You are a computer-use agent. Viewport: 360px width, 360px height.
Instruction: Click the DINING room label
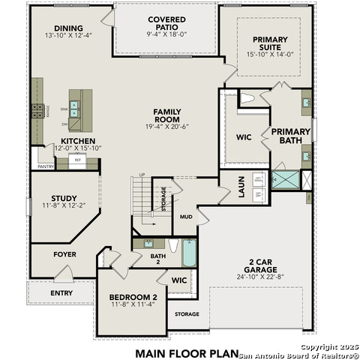(68, 29)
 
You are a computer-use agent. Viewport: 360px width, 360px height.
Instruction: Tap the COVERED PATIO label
(166, 19)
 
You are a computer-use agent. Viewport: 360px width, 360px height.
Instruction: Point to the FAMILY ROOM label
(167, 116)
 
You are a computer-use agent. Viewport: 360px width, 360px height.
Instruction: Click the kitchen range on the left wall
(37, 112)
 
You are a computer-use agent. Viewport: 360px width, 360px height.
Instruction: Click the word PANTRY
(45, 167)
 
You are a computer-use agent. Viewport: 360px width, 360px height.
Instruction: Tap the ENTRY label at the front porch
(61, 292)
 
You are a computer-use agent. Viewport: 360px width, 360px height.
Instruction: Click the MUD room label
(186, 216)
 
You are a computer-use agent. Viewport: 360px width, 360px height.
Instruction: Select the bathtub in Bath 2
(189, 253)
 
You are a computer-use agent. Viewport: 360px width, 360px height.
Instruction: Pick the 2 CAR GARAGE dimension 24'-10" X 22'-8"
(256, 277)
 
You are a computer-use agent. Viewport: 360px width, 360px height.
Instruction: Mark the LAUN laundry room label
(242, 187)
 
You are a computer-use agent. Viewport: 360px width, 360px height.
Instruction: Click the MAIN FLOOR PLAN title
(187, 352)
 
